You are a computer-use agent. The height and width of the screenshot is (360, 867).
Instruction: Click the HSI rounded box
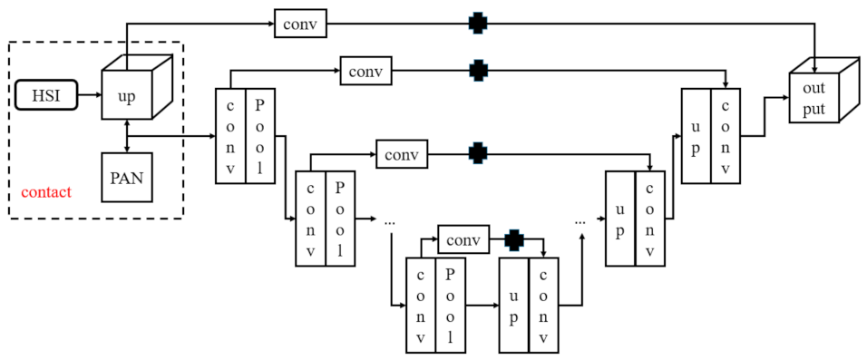point(46,93)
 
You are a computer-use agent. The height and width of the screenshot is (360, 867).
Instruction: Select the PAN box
point(126,177)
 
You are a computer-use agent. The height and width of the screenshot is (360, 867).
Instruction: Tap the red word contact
point(46,192)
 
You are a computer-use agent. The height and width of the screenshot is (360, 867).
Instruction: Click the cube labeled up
point(126,93)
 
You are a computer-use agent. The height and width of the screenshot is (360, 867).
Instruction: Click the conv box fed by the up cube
point(300,24)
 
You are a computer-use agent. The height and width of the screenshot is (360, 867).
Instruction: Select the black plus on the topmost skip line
point(477,24)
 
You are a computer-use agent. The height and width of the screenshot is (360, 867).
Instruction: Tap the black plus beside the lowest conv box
point(514,240)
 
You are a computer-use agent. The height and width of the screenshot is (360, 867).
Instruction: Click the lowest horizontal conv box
point(463,240)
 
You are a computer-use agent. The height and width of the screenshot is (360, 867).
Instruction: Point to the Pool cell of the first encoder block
point(260,136)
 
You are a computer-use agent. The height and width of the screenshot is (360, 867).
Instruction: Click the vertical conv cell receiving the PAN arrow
point(230,136)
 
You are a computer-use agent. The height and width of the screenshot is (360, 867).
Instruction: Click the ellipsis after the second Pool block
point(390,220)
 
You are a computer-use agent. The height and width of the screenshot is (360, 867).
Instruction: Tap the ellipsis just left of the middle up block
point(580,220)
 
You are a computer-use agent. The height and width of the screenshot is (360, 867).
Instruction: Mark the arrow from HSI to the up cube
point(89,93)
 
